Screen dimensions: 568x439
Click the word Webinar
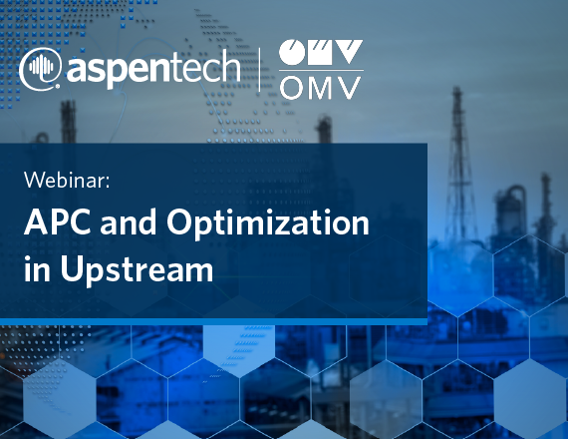[65, 180]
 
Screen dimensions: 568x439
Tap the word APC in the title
[57, 221]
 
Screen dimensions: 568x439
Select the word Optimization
[268, 224]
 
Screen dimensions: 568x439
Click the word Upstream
[137, 270]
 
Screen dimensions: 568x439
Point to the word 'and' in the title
[129, 221]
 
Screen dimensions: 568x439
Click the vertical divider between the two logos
[259, 69]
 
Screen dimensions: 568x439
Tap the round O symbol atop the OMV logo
[292, 52]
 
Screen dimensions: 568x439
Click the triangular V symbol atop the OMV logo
[349, 52]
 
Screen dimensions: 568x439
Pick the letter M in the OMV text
[322, 88]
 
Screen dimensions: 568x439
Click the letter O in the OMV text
[292, 88]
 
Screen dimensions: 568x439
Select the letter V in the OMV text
[349, 88]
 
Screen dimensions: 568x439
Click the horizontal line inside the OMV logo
[321, 70]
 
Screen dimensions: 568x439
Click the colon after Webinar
[108, 183]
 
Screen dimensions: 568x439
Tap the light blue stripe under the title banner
[213, 322]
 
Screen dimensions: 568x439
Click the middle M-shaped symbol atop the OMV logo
[320, 52]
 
